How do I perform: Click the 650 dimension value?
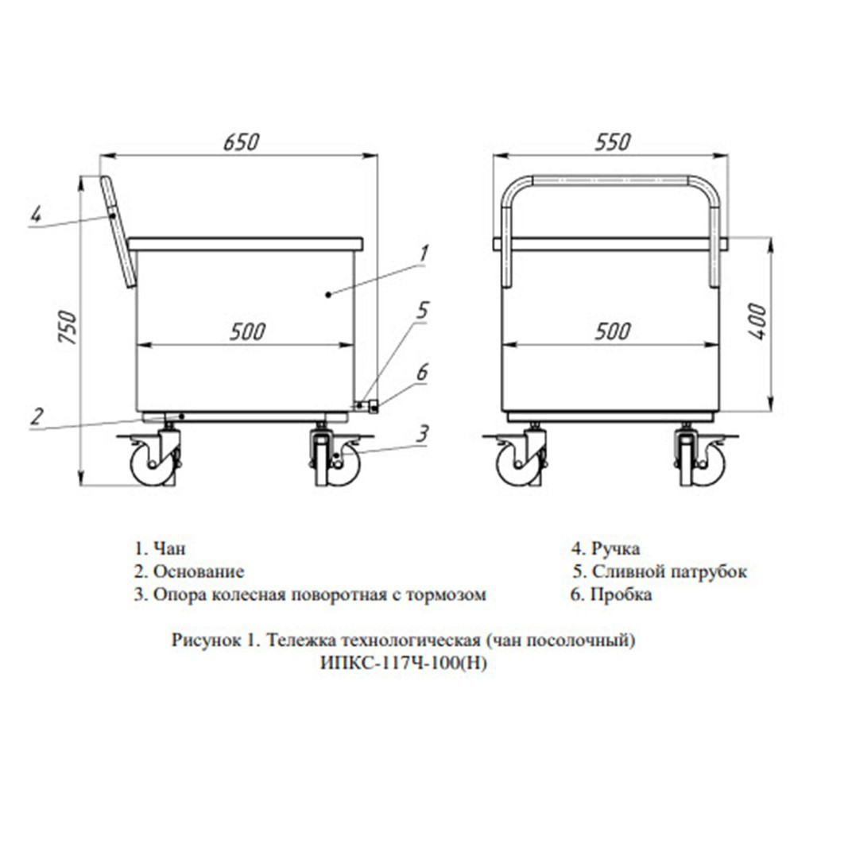[241, 141]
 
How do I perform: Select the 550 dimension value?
[613, 141]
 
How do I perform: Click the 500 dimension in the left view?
[247, 331]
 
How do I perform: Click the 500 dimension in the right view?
[613, 331]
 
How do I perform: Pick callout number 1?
[424, 253]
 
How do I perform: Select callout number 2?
[37, 417]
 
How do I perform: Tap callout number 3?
[423, 433]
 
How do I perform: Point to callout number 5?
[422, 311]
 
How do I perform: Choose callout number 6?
[422, 372]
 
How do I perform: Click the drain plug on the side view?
[374, 406]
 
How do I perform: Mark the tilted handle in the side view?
[118, 231]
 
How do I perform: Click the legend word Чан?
[169, 548]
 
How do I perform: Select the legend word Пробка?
[621, 594]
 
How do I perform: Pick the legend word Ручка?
[616, 548]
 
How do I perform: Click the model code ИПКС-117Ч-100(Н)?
[404, 663]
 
